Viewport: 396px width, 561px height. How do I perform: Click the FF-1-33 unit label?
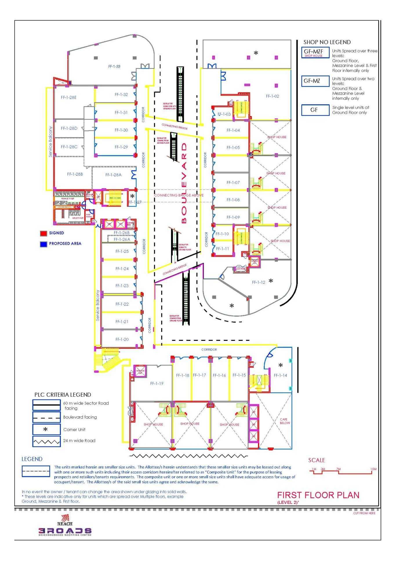pos(114,66)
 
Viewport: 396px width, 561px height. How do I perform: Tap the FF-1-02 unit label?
pos(273,96)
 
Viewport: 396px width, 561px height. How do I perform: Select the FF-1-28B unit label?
pos(75,174)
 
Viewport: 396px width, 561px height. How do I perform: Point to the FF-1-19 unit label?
pos(157,383)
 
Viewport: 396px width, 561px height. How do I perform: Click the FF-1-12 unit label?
pos(259,282)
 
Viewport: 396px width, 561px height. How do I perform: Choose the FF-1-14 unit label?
pos(280,375)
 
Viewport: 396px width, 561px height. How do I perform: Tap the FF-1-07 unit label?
pos(233,183)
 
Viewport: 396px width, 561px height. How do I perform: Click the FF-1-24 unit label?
pos(122,269)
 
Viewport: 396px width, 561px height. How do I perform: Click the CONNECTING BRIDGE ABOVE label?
pos(179,195)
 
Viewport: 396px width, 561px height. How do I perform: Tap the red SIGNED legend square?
pos(43,233)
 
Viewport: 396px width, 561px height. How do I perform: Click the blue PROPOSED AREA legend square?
pos(43,244)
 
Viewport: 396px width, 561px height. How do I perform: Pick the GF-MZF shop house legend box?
pos(315,53)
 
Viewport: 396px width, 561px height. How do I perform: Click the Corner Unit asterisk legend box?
pos(46,430)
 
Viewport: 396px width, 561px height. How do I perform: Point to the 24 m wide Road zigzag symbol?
pos(46,442)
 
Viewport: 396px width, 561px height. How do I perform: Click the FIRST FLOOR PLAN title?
pos(318,495)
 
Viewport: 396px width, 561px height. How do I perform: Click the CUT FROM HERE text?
pos(364,513)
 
